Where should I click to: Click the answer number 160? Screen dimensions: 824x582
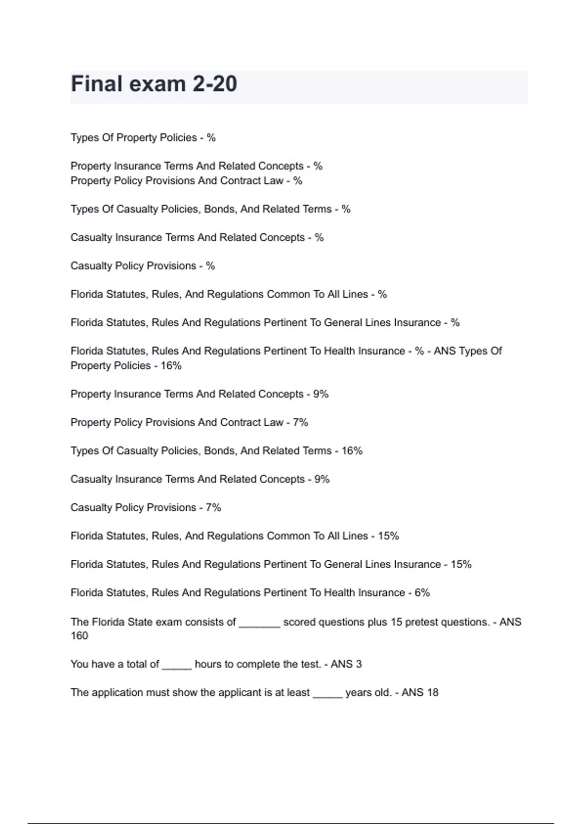pos(80,636)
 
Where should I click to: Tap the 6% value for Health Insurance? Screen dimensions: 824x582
pos(422,593)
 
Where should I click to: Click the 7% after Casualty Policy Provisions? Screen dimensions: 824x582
pos(213,507)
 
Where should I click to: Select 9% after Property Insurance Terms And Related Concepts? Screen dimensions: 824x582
pos(321,394)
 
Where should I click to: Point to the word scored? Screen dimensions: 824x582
pos(299,622)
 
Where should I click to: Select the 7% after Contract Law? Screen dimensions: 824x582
pos(300,423)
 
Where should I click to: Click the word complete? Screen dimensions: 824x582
pos(257,664)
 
